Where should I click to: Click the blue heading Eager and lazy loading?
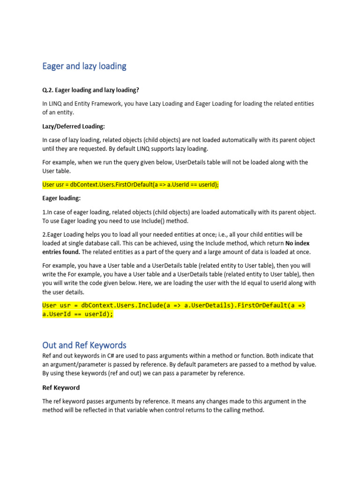tap(84, 66)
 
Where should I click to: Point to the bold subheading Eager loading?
tap(61, 198)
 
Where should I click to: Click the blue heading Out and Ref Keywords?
tap(84, 345)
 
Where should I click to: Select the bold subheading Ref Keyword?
tap(61, 388)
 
